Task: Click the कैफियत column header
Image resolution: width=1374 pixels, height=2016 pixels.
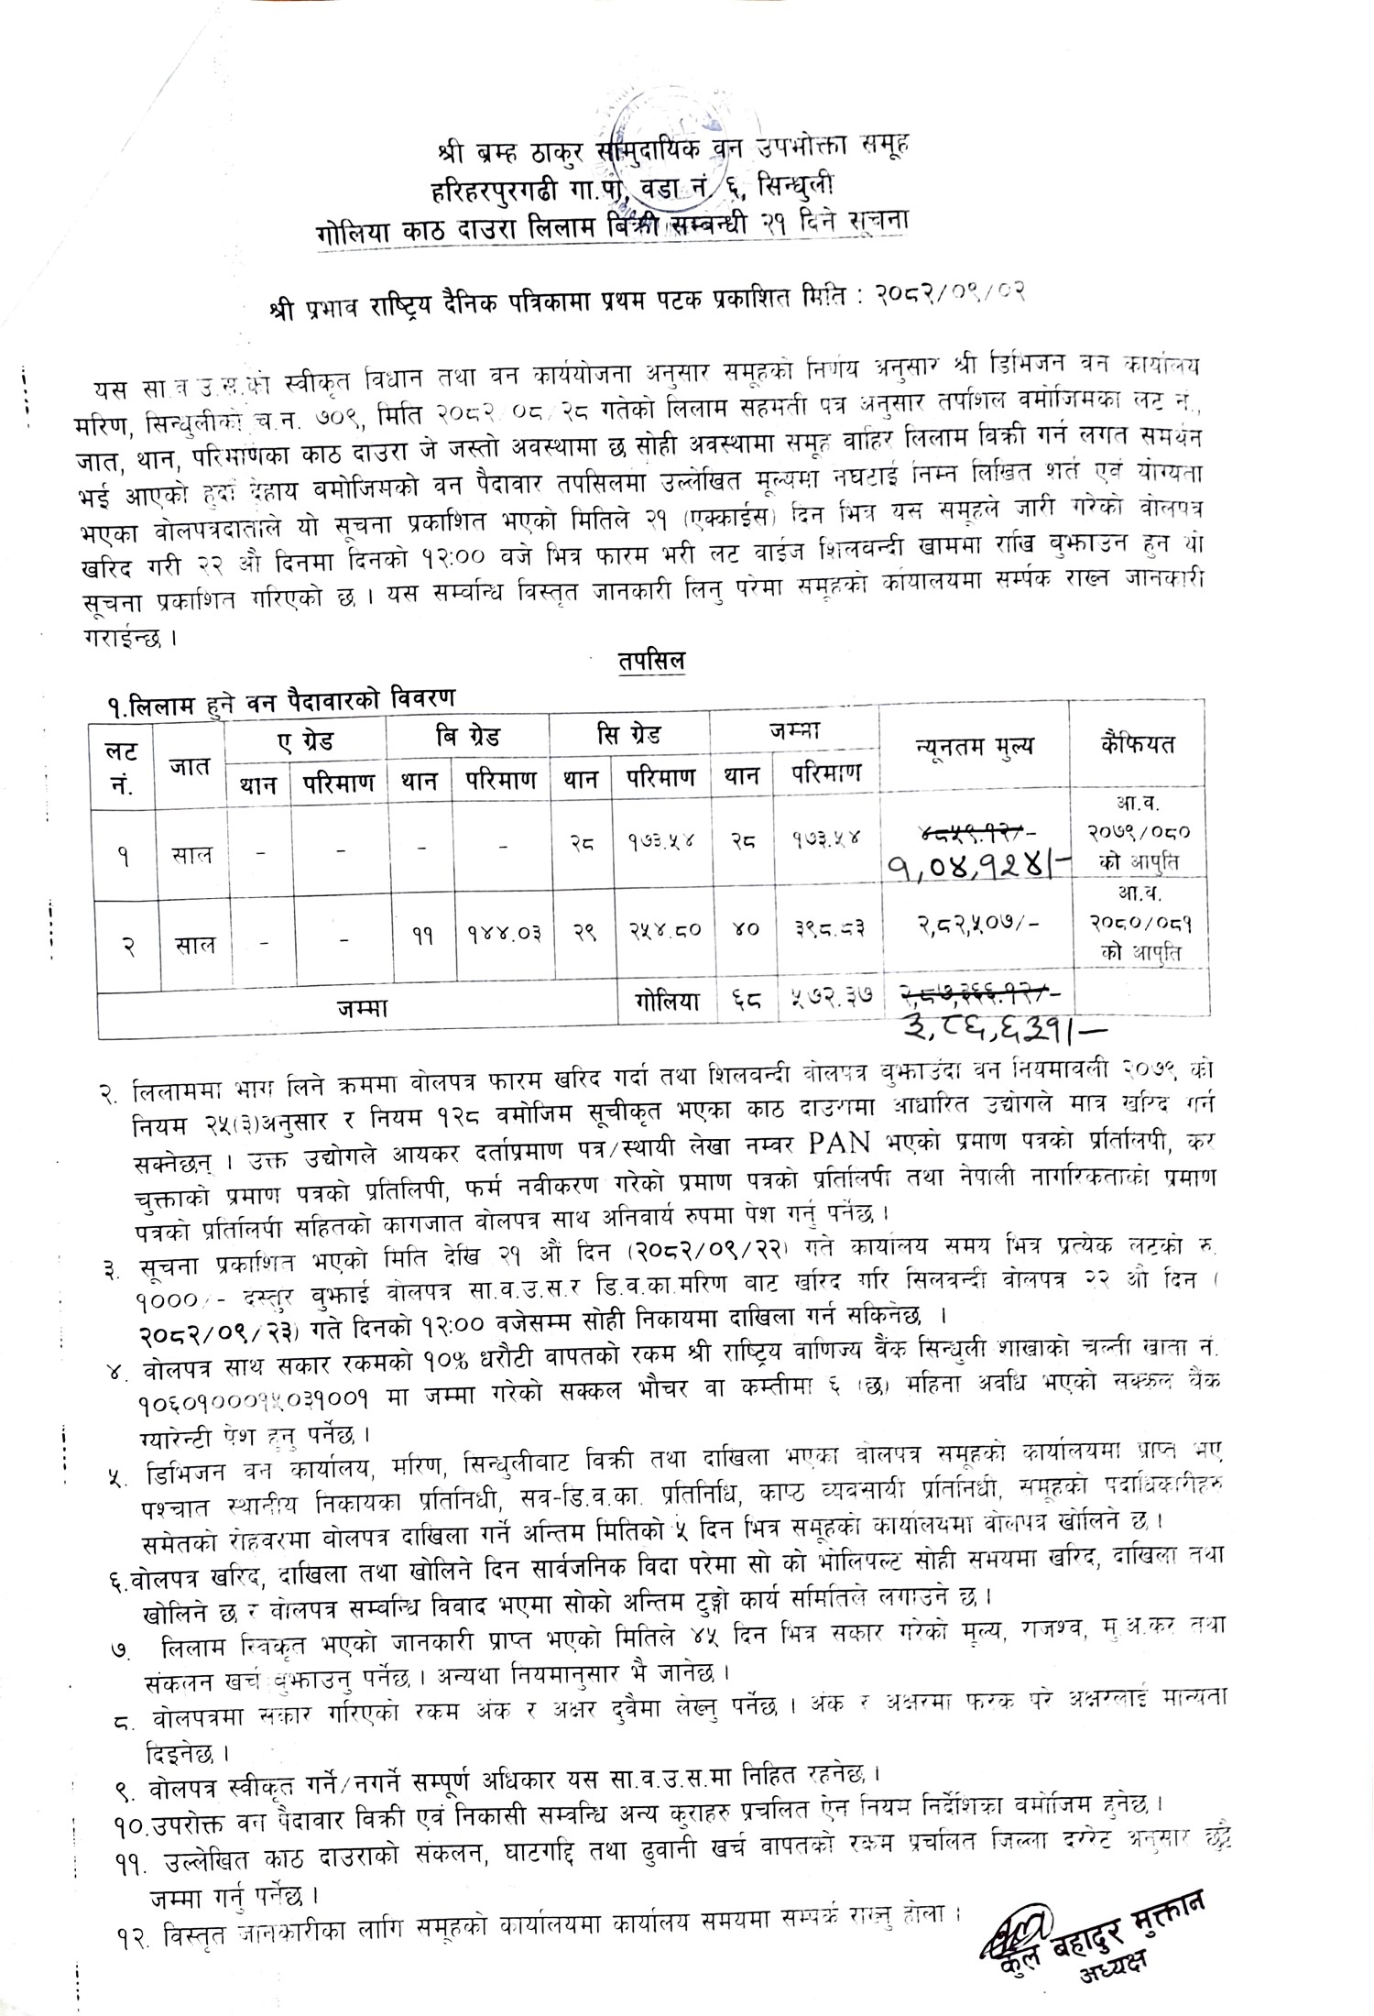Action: tap(1138, 744)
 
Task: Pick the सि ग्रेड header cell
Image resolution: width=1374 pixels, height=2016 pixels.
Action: tap(630, 736)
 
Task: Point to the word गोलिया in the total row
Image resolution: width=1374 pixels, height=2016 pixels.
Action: tap(661, 1003)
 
